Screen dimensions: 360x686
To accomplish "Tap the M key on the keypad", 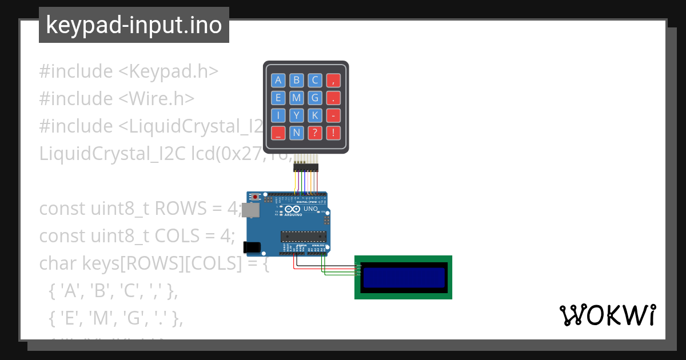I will (296, 98).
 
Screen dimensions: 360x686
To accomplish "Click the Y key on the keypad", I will (296, 115).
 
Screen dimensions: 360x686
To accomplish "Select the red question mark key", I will (314, 133).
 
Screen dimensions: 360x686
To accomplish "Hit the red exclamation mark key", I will (333, 133).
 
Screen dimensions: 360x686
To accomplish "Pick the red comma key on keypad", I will (333, 80).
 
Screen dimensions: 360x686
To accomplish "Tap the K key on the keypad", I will (314, 115).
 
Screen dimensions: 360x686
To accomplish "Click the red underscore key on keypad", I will (278, 133).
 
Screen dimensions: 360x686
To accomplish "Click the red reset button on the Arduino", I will (255, 197).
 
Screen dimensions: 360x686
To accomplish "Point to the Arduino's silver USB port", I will (250, 210).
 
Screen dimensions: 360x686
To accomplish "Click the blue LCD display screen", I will (404, 278).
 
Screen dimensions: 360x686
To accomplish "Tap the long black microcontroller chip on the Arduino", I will (303, 235).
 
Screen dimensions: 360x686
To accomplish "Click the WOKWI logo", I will (607, 315).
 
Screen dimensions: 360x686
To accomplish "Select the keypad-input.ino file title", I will (134, 25).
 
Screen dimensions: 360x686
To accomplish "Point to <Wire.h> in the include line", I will (156, 98).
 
